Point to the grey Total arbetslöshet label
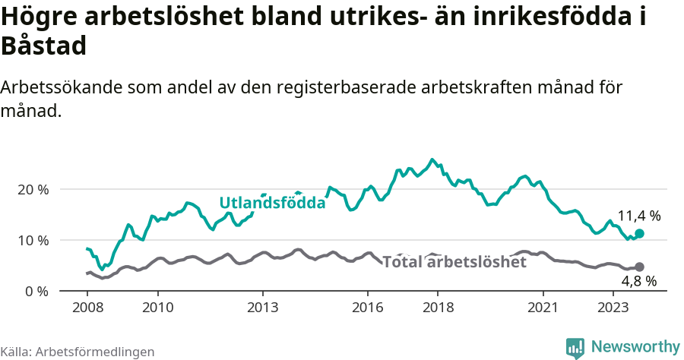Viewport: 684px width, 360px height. (454, 262)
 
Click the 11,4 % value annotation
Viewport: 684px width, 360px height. (638, 216)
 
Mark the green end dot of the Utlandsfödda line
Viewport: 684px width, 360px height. (639, 234)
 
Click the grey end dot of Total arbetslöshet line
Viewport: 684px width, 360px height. (639, 267)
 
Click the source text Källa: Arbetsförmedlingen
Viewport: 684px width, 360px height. (78, 352)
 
